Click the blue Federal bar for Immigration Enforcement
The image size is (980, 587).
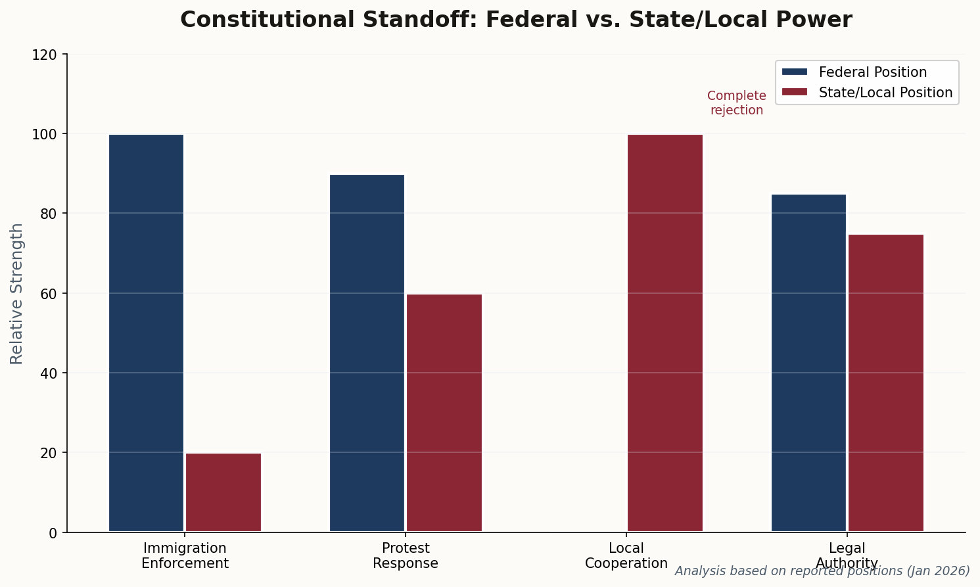[146, 333]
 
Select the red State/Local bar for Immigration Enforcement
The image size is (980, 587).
[223, 492]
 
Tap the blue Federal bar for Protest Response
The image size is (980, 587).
[367, 353]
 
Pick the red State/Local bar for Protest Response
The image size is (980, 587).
[444, 413]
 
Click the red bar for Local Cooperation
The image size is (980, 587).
[665, 333]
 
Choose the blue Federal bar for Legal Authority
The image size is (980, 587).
[808, 363]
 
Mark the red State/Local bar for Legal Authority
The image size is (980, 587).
[886, 383]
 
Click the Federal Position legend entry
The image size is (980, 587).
[872, 72]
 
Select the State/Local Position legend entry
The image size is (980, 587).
[885, 93]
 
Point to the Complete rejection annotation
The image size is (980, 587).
[737, 103]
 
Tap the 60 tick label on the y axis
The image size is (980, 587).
[48, 293]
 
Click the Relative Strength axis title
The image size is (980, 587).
[17, 293]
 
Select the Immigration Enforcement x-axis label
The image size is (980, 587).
[185, 555]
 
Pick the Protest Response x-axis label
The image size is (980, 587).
[406, 555]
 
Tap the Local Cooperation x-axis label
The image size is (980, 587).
[626, 555]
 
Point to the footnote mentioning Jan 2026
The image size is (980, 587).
[822, 571]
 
